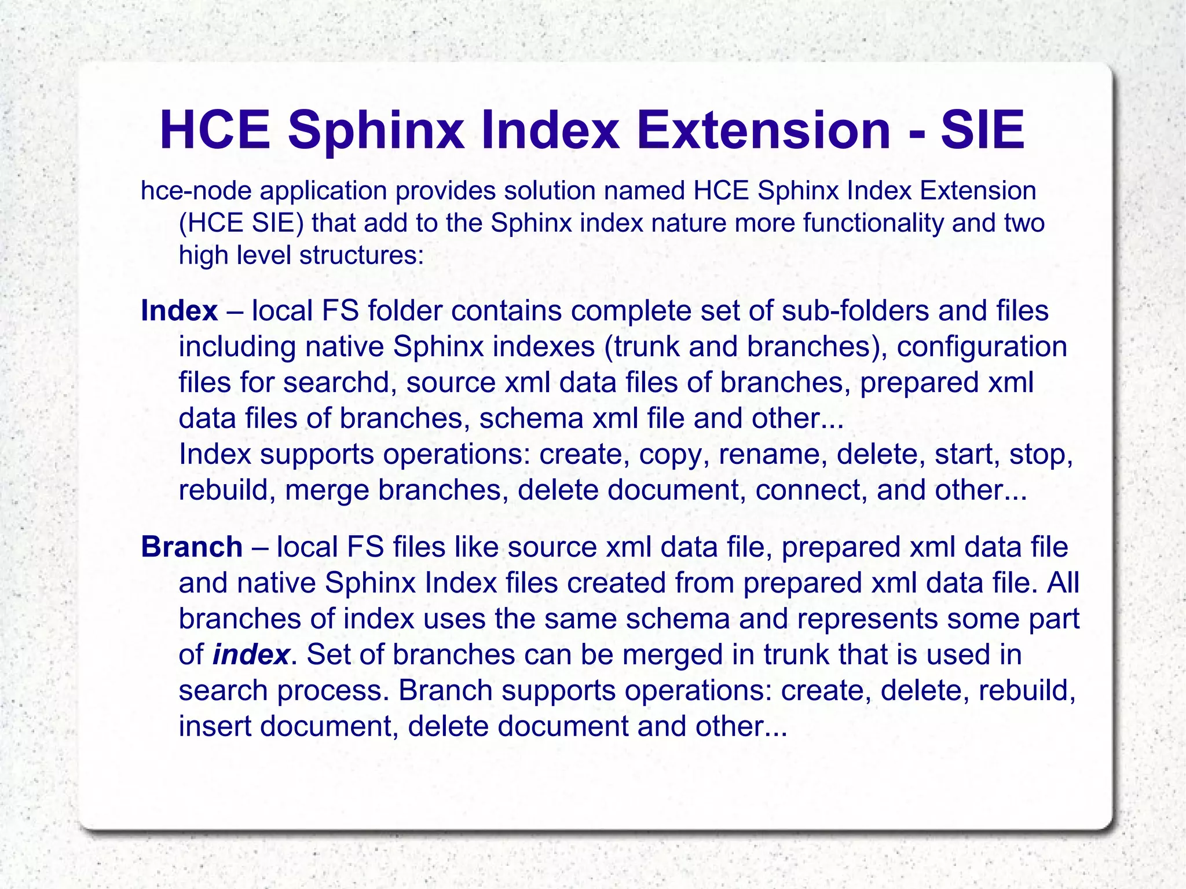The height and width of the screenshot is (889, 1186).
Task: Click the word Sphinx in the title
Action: [x=375, y=131]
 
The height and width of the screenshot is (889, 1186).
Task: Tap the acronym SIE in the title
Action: [x=983, y=131]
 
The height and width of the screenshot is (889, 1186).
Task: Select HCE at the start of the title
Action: [x=215, y=131]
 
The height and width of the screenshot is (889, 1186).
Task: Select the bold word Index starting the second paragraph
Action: [x=179, y=311]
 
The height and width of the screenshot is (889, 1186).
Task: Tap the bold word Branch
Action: [x=192, y=547]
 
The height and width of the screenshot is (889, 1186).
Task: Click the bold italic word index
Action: [x=251, y=655]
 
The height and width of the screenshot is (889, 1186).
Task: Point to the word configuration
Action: [x=982, y=347]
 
